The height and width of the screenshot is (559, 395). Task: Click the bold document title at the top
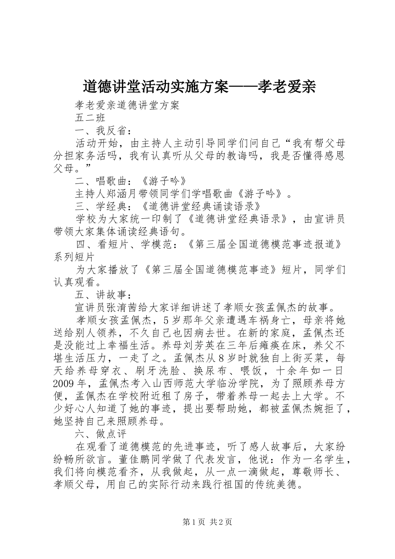click(x=199, y=87)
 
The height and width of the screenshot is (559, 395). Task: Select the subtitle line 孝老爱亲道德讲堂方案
click(x=127, y=105)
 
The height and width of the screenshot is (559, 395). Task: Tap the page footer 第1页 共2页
click(x=207, y=522)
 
